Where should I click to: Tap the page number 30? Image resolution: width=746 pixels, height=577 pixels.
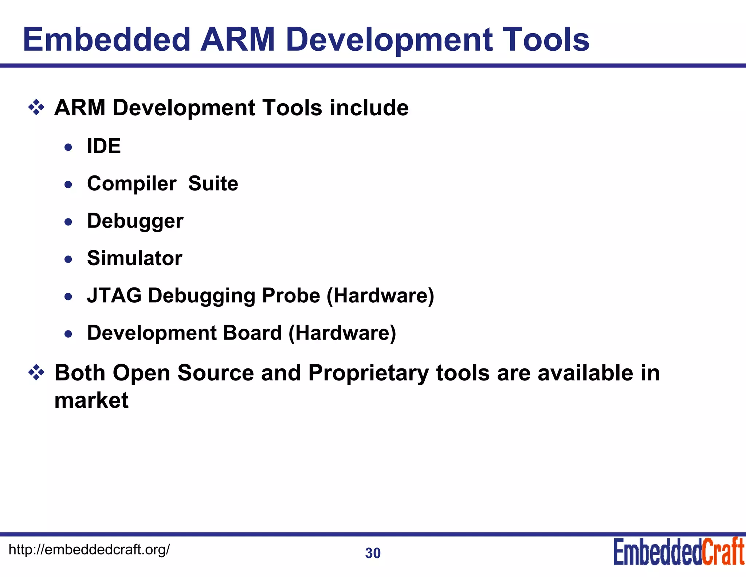pos(373,553)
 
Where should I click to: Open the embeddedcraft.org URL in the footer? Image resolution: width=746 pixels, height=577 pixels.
pos(89,549)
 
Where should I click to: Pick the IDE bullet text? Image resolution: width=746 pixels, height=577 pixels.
pos(104,146)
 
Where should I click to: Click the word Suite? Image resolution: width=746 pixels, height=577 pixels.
pos(213,183)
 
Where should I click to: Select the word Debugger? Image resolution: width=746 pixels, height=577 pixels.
pos(135,221)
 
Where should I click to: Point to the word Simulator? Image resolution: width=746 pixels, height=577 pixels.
pos(134,258)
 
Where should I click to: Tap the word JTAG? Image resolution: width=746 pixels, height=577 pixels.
pos(114,295)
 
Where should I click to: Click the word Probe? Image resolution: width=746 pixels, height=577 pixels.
pos(291,295)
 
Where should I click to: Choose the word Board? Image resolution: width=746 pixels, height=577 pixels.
pos(252,333)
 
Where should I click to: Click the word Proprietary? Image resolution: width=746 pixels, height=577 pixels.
pos(368,373)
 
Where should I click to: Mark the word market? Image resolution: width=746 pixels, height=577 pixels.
pos(91,400)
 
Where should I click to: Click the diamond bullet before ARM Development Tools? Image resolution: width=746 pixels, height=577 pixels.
pos(36,108)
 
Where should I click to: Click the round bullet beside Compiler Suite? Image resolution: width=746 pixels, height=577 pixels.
pos(68,185)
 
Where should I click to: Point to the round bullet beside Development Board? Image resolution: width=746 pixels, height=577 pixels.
pos(68,334)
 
